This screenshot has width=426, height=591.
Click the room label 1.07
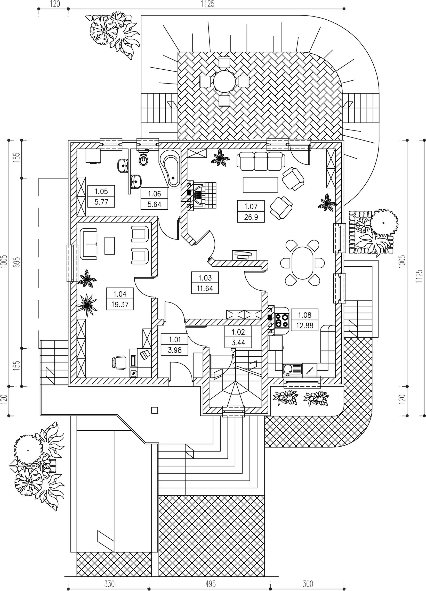pos(251,206)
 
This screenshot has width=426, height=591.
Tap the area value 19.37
pos(120,304)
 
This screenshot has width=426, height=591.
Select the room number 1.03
pos(205,278)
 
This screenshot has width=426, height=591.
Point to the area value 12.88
pos(304,325)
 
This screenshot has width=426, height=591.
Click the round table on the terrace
pos(224,81)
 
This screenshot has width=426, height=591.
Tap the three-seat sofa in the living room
pos(261,161)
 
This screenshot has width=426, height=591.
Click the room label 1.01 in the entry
pos(174,340)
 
